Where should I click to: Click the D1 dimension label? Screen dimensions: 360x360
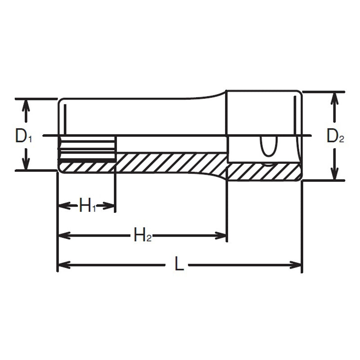coord(23,135)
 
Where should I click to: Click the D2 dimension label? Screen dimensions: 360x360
coord(335,135)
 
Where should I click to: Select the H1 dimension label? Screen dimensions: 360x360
coord(87,207)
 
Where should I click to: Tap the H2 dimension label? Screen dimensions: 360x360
coord(143,235)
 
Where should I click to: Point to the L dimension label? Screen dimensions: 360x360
coord(179,265)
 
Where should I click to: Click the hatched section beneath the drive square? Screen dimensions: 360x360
coord(263,171)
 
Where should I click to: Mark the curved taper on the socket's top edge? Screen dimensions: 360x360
coord(211,95)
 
